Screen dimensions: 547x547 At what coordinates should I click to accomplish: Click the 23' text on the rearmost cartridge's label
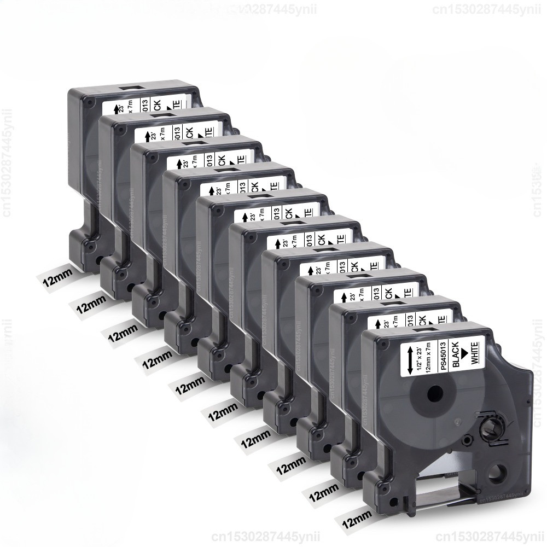point(124,102)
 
